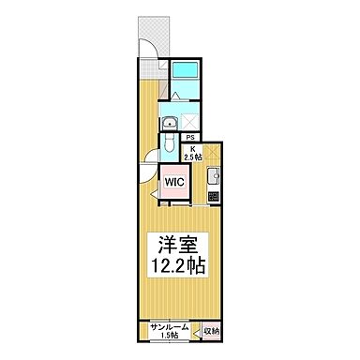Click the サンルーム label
point(170,327)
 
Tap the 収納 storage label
point(210,331)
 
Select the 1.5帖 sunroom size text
point(170,337)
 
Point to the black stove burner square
point(212,196)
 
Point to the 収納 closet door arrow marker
point(199,330)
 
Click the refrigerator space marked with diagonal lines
point(211,150)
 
